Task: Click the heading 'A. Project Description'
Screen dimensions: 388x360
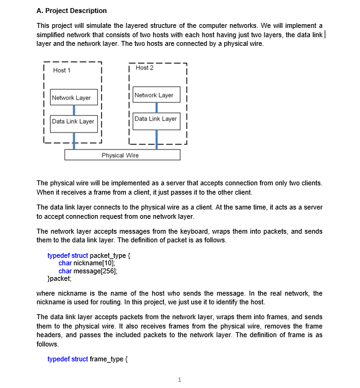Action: coord(71,11)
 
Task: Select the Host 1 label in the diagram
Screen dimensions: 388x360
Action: coord(62,71)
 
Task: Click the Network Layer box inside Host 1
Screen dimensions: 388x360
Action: coord(71,98)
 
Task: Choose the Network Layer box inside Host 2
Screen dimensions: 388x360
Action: coord(154,95)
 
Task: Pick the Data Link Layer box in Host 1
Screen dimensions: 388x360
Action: coord(72,121)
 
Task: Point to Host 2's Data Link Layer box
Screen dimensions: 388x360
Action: coord(156,118)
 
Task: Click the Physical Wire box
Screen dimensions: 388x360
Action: coord(122,155)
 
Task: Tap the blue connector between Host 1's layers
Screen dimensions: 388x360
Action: coord(74,110)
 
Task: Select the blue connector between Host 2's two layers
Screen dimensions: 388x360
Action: coord(157,107)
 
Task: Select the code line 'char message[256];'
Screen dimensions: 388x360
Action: coord(87,271)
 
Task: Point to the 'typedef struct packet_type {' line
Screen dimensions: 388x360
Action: coord(90,255)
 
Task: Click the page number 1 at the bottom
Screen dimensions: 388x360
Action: coord(179,379)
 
